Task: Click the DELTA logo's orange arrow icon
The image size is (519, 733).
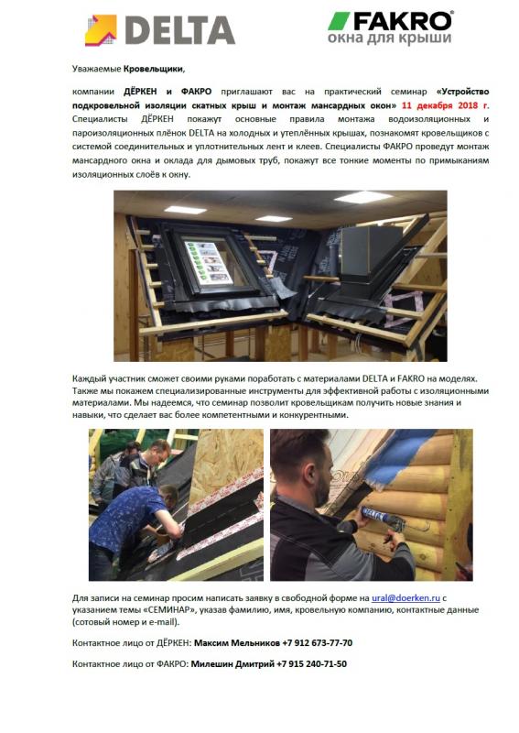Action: point(101,30)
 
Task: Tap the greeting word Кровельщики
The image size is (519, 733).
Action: point(154,70)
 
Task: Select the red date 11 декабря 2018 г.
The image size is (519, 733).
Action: point(445,104)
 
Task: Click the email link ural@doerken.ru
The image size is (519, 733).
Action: point(405,598)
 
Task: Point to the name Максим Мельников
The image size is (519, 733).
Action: point(237,643)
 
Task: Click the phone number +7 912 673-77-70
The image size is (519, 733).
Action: point(318,643)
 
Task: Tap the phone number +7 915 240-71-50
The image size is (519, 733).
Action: point(311,663)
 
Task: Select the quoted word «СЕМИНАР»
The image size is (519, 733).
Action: point(132,610)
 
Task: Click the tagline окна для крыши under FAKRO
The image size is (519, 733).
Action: point(390,38)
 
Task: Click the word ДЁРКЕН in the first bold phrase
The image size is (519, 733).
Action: point(140,91)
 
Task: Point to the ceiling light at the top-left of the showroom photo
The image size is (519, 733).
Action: point(185,210)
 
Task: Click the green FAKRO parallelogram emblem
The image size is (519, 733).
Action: point(339,21)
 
